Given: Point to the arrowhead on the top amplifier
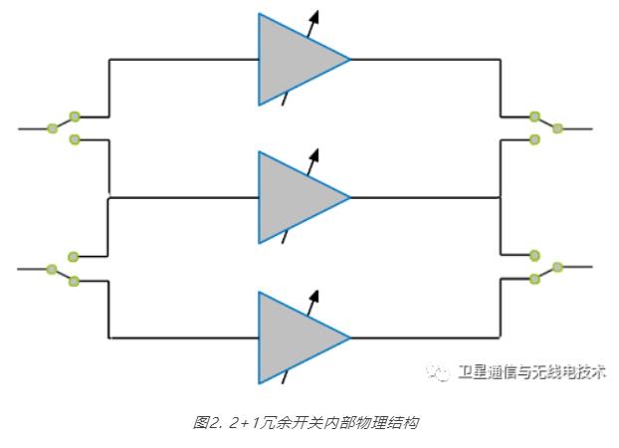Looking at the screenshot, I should click(316, 15).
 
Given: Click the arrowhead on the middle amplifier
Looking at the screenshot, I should click(316, 154).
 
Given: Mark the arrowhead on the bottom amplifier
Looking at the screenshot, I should click(316, 295).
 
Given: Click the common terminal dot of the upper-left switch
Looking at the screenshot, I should click(52, 128).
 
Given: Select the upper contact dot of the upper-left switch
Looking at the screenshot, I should click(75, 116).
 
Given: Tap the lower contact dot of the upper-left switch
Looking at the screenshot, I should click(75, 138).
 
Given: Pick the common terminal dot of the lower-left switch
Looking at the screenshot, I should click(52, 269).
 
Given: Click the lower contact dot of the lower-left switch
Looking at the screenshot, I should click(74, 281).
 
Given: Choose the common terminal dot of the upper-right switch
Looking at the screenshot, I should click(557, 127).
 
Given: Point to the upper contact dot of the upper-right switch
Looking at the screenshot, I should click(535, 116).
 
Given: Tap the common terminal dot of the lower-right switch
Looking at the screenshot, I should click(557, 267).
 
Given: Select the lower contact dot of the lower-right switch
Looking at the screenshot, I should click(535, 279).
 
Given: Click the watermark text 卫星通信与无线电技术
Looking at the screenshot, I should click(530, 373).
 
